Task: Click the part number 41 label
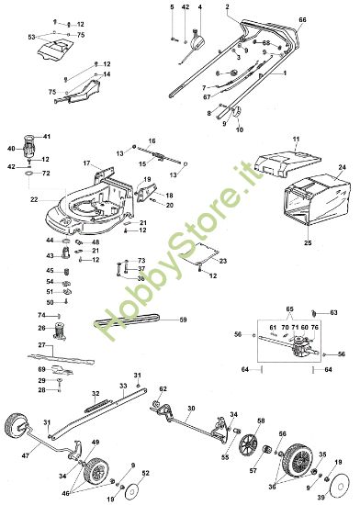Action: [x=48, y=137]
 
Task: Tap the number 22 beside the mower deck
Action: [x=35, y=199]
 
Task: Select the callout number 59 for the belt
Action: [x=182, y=320]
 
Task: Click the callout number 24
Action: [x=341, y=167]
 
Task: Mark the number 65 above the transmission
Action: [x=291, y=309]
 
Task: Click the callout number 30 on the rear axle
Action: [x=190, y=408]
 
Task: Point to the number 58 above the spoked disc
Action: [x=260, y=421]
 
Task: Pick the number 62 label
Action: [x=163, y=389]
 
